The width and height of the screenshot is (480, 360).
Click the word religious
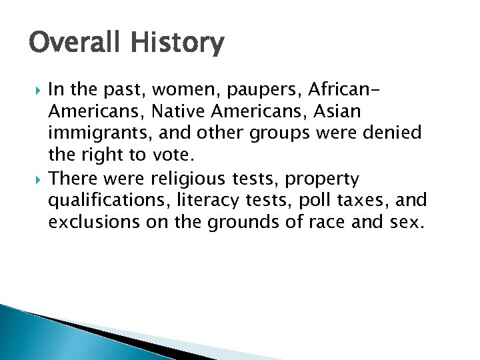(187, 179)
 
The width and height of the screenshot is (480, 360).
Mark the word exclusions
(93, 223)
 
